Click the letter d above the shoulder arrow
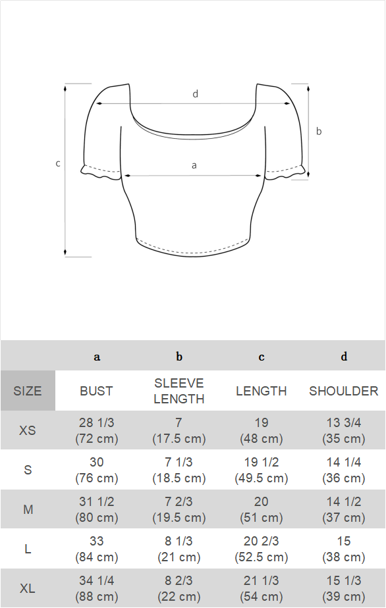coord(196,94)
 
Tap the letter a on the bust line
coord(194,166)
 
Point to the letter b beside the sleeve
coord(319,131)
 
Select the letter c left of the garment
coord(58,164)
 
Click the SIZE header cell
coord(28,390)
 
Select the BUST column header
coord(96,391)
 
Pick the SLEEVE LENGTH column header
coord(179,391)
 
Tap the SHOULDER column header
coord(344,391)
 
